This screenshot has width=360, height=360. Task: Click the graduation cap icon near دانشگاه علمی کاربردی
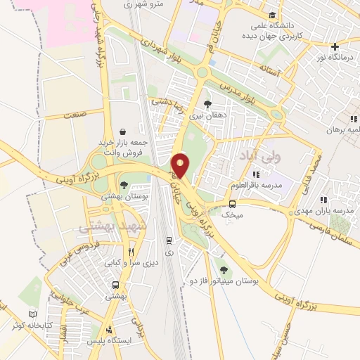point(272,15)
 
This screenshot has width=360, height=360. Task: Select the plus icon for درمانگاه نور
point(335,46)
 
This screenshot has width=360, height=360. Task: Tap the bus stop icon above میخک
point(232,205)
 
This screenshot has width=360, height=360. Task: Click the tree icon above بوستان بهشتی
point(124,186)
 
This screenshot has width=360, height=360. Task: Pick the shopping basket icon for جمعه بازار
point(124,131)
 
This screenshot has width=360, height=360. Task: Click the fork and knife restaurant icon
point(131,252)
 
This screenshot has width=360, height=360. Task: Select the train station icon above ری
point(168,240)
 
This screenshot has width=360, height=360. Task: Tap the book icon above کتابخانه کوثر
point(32,314)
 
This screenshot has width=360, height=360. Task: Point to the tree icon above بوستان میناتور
point(224,270)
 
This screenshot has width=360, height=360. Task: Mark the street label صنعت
point(74,113)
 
